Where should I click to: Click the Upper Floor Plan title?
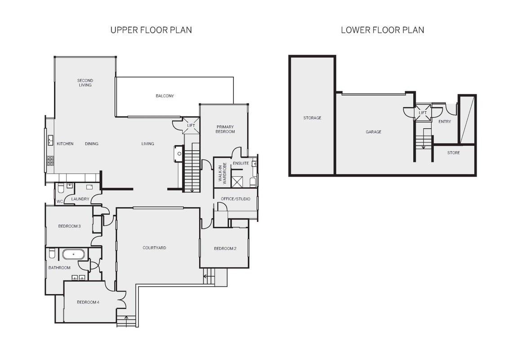(151, 30)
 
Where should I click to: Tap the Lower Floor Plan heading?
(382, 30)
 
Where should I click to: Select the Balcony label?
(165, 96)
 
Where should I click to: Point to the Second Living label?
(85, 82)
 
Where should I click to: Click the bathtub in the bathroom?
(73, 254)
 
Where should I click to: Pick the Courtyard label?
(154, 248)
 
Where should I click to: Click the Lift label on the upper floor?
(191, 126)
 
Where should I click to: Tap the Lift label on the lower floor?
(422, 113)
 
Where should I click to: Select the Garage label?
(373, 132)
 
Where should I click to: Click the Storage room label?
(313, 118)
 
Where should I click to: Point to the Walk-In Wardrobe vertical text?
(223, 174)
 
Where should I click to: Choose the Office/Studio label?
(235, 199)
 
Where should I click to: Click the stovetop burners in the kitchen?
(50, 161)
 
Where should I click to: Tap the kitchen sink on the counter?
(50, 140)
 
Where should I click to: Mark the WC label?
(60, 202)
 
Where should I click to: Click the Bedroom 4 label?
(88, 302)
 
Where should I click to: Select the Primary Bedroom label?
(225, 129)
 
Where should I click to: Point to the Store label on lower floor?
(453, 153)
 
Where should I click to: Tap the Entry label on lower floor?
(444, 121)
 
